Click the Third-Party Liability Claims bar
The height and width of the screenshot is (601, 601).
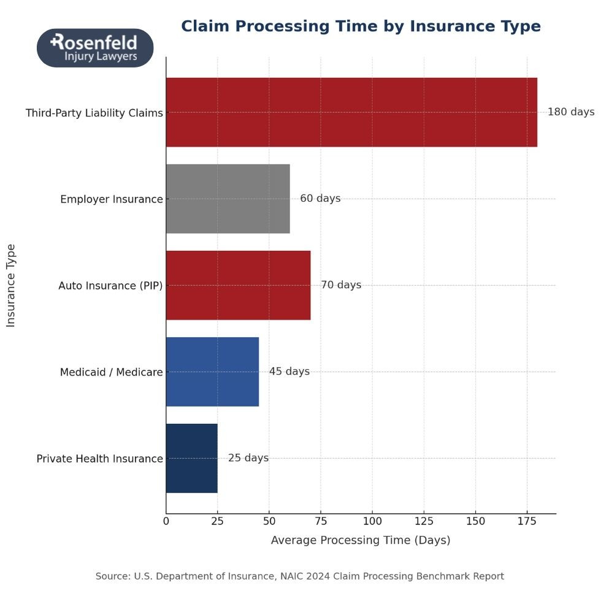point(351,112)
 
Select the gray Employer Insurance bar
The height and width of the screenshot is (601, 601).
point(228,199)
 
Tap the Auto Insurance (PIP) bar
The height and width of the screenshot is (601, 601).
point(238,285)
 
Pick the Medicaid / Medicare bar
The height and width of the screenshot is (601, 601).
point(212,372)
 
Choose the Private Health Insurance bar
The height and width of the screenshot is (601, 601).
point(191,458)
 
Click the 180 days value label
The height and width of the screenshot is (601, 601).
point(570,112)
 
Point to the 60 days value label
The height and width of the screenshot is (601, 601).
point(320,199)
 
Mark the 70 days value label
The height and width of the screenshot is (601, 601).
point(341,285)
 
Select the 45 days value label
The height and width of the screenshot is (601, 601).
point(289,372)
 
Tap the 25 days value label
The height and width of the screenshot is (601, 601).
point(248,458)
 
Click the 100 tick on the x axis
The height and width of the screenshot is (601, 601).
point(372,521)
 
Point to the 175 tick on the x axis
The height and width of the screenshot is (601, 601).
point(527,521)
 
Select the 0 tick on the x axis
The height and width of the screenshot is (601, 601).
point(166,521)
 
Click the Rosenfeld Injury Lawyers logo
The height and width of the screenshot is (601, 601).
point(95,48)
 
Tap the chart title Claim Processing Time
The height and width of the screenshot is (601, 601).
point(361,27)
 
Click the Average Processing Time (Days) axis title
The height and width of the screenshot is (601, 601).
point(361,540)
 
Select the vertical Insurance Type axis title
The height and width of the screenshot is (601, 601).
point(11,285)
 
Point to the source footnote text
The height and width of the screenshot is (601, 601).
point(299,576)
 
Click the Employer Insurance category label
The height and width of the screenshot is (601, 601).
point(112,199)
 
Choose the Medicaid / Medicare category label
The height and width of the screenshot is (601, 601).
point(112,372)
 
